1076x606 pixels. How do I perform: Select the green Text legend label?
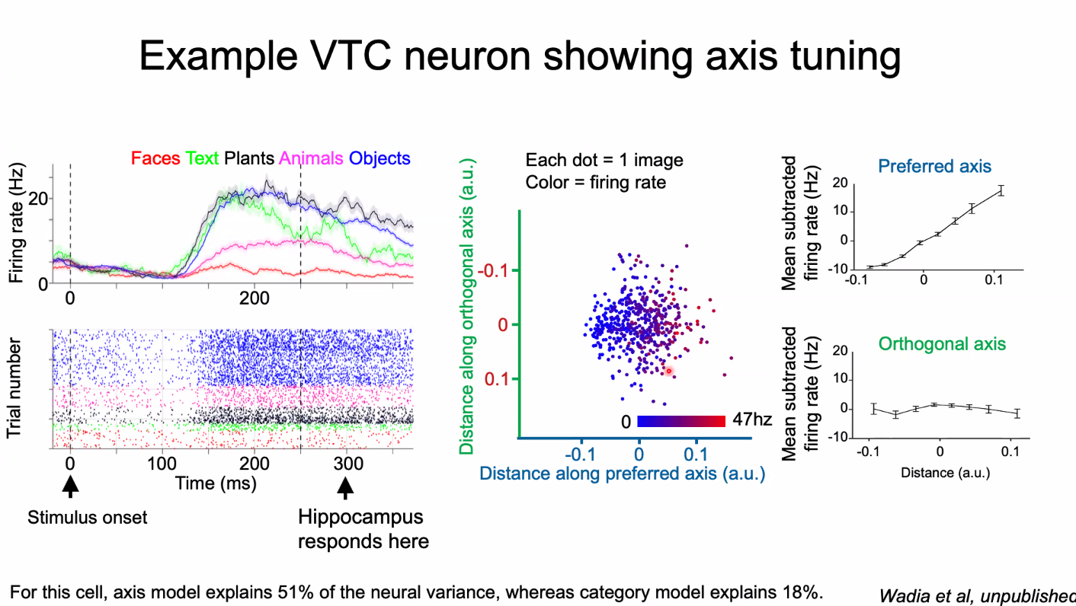pos(201,158)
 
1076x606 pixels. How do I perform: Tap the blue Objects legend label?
pos(379,158)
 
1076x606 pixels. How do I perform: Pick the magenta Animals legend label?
pos(311,158)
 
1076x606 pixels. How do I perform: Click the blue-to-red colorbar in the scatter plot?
pos(681,421)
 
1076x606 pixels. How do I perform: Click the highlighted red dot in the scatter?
pos(669,371)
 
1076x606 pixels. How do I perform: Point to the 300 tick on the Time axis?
pos(347,463)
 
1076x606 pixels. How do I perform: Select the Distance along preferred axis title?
pos(621,474)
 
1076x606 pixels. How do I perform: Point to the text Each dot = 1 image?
pos(604,161)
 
